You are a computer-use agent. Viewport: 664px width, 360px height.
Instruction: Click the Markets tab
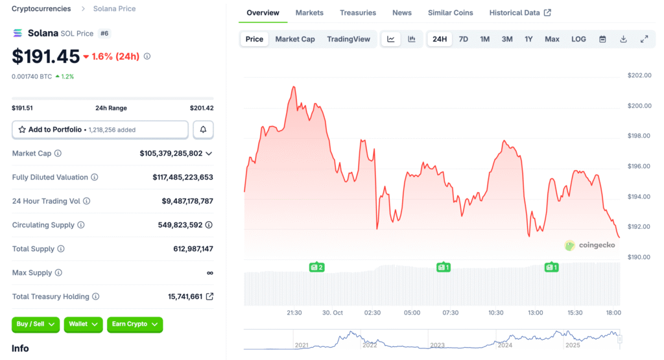309,12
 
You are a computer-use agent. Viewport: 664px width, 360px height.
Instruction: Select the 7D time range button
463,39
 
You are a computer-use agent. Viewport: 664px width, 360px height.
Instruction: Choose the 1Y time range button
528,39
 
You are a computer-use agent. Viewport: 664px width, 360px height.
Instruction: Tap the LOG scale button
578,39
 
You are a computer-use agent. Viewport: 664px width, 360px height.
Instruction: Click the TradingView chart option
348,39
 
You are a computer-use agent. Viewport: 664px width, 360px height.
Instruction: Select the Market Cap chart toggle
295,39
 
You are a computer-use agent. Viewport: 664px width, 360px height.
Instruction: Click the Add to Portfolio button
100,130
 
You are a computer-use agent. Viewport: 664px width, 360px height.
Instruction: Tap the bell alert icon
203,130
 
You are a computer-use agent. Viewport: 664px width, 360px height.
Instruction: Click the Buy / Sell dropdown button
36,324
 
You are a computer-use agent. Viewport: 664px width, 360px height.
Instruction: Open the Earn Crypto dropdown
134,324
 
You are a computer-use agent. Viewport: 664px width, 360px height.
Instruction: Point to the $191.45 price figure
45,56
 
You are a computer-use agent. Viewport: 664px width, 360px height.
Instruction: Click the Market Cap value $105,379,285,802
171,154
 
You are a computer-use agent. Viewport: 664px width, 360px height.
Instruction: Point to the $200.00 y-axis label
639,106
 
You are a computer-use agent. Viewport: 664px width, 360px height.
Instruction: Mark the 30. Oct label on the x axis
333,313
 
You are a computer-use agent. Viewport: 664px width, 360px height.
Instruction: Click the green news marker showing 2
316,267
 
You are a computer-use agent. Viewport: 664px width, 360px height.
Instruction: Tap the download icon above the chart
623,39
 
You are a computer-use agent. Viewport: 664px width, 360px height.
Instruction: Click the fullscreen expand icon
644,39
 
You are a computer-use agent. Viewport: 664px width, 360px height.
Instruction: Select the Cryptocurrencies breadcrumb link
41,9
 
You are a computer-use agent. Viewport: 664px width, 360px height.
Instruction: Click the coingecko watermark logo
589,245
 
